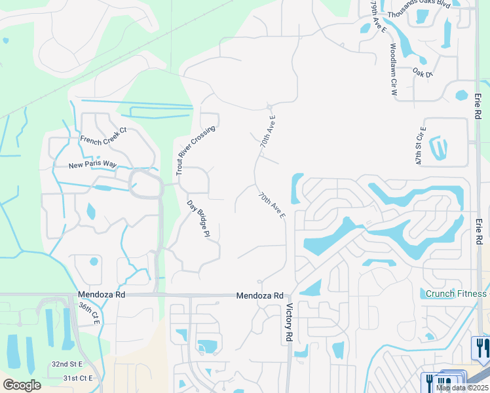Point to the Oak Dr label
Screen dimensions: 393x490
423,73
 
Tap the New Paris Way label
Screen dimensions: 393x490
92,164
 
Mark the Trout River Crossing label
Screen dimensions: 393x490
195,151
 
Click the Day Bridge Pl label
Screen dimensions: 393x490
198,217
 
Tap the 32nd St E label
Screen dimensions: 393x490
67,364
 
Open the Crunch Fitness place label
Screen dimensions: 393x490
456,293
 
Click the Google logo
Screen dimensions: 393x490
21,384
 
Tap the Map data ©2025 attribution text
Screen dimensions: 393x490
461,388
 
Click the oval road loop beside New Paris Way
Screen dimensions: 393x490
145,183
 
